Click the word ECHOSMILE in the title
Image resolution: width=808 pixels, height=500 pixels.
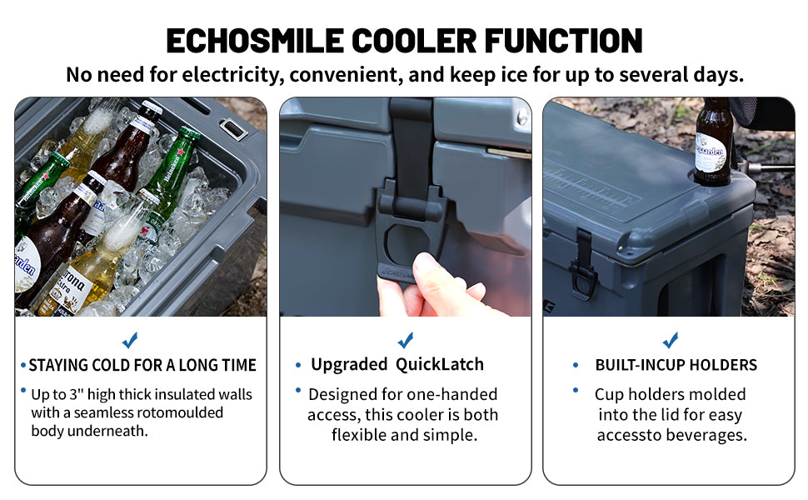[255, 41]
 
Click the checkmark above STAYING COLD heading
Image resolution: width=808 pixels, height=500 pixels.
[130, 340]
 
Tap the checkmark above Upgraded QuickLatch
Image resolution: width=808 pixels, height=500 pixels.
[406, 340]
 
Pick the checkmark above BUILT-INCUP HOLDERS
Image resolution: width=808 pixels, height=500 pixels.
[670, 340]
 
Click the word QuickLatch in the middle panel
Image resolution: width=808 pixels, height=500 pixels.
[440, 364]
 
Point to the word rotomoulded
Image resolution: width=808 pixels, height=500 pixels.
[179, 412]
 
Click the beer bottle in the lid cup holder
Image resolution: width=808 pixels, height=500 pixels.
[713, 141]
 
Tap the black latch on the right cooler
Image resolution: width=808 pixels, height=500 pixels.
[582, 262]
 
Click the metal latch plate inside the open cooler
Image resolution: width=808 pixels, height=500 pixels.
[233, 129]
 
